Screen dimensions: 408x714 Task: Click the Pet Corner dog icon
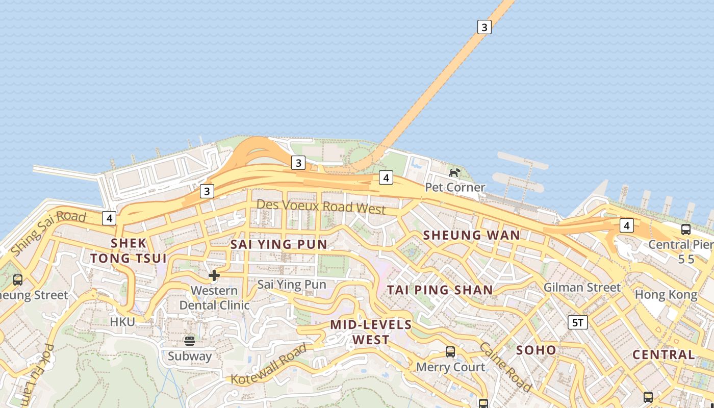click(x=454, y=172)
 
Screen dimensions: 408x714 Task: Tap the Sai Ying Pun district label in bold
click(x=278, y=244)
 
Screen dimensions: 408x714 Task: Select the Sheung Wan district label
click(x=471, y=235)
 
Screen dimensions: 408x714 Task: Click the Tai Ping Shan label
click(x=440, y=290)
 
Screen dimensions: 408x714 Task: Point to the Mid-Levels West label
click(x=371, y=332)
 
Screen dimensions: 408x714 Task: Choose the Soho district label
click(x=536, y=350)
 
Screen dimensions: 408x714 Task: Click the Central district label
click(x=663, y=354)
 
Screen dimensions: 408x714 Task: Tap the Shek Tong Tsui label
click(x=129, y=250)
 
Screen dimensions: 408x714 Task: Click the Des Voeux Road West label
click(x=321, y=207)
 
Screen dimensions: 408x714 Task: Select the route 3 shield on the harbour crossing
click(x=484, y=27)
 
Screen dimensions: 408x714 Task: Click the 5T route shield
click(x=578, y=322)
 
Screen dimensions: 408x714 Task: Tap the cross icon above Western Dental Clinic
click(x=214, y=275)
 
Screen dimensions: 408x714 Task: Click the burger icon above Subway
click(x=190, y=340)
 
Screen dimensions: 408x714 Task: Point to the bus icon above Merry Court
click(x=450, y=351)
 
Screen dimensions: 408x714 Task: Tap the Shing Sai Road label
click(x=48, y=234)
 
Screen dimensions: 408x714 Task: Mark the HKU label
click(x=122, y=322)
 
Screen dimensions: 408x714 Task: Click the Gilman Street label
click(x=582, y=287)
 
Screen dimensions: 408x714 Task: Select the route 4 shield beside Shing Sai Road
click(x=109, y=218)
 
